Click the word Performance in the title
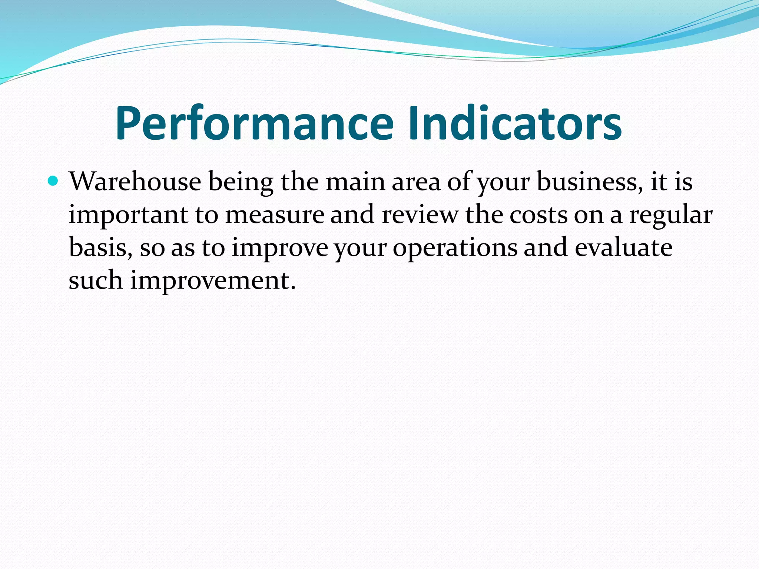pyautogui.click(x=254, y=123)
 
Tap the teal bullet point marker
pyautogui.click(x=53, y=181)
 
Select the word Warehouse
pyautogui.click(x=135, y=182)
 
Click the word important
pyautogui.click(x=128, y=215)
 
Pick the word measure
pyautogui.click(x=275, y=215)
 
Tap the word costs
pyautogui.click(x=538, y=215)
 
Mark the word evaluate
pyautogui.click(x=623, y=248)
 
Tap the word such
pyautogui.click(x=96, y=280)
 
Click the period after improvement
pyautogui.click(x=294, y=288)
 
